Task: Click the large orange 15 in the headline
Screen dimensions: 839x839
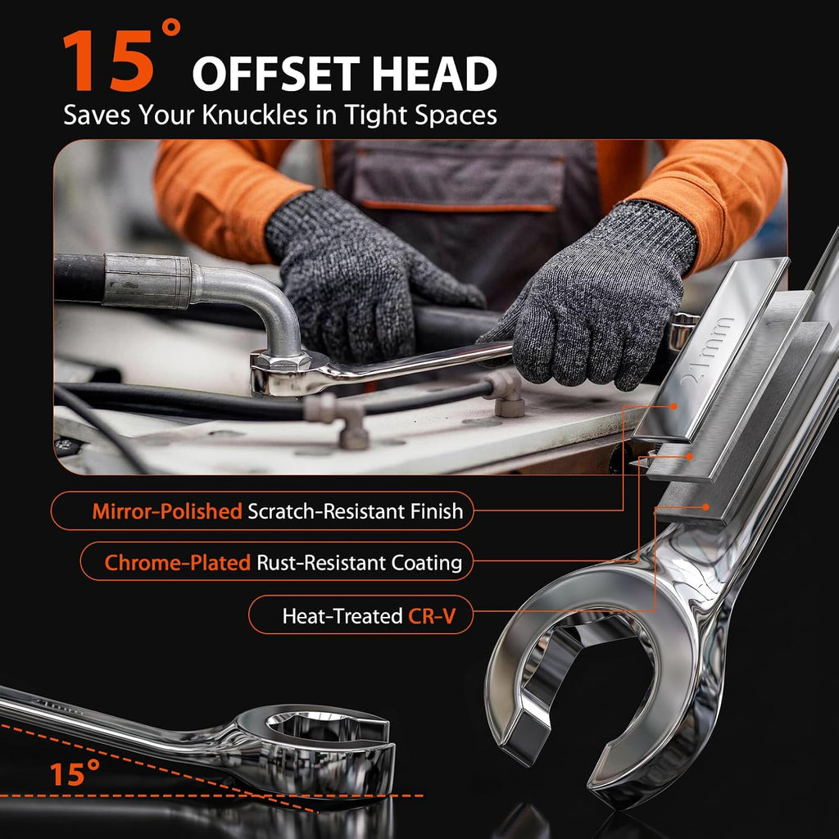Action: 110,61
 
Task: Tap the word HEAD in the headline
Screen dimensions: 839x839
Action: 434,74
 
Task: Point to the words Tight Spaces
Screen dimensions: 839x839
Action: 420,115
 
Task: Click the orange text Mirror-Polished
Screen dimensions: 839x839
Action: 167,511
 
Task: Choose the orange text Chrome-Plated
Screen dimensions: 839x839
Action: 177,562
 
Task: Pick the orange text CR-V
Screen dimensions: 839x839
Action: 432,616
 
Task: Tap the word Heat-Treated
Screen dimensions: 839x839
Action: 342,616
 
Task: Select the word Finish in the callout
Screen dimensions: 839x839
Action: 436,511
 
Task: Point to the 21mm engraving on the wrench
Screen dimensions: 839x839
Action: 705,351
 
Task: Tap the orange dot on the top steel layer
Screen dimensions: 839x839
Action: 673,406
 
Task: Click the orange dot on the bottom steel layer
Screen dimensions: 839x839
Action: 705,506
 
